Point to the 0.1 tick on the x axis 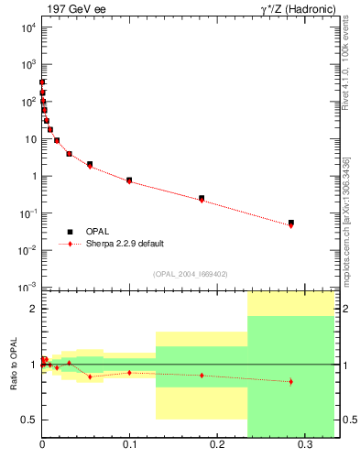point(129,445)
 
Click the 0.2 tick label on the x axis point(217,445)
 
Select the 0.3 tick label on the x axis point(304,445)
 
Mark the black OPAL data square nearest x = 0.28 point(291,223)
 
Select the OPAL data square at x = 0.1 point(129,180)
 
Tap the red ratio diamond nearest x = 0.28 point(291,381)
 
